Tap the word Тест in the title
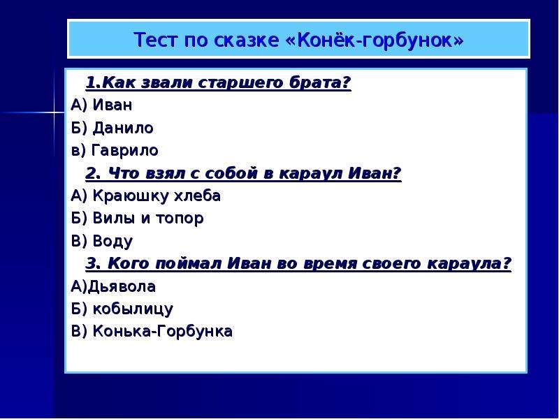155,40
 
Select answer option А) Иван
101,105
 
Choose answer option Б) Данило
112,128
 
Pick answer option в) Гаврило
115,150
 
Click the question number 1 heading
218,82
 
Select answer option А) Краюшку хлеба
146,196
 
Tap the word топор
180,219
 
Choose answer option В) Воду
102,241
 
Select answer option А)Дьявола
113,286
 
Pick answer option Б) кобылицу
122,309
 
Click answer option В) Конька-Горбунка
152,331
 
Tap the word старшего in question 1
240,82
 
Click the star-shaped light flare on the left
55,113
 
